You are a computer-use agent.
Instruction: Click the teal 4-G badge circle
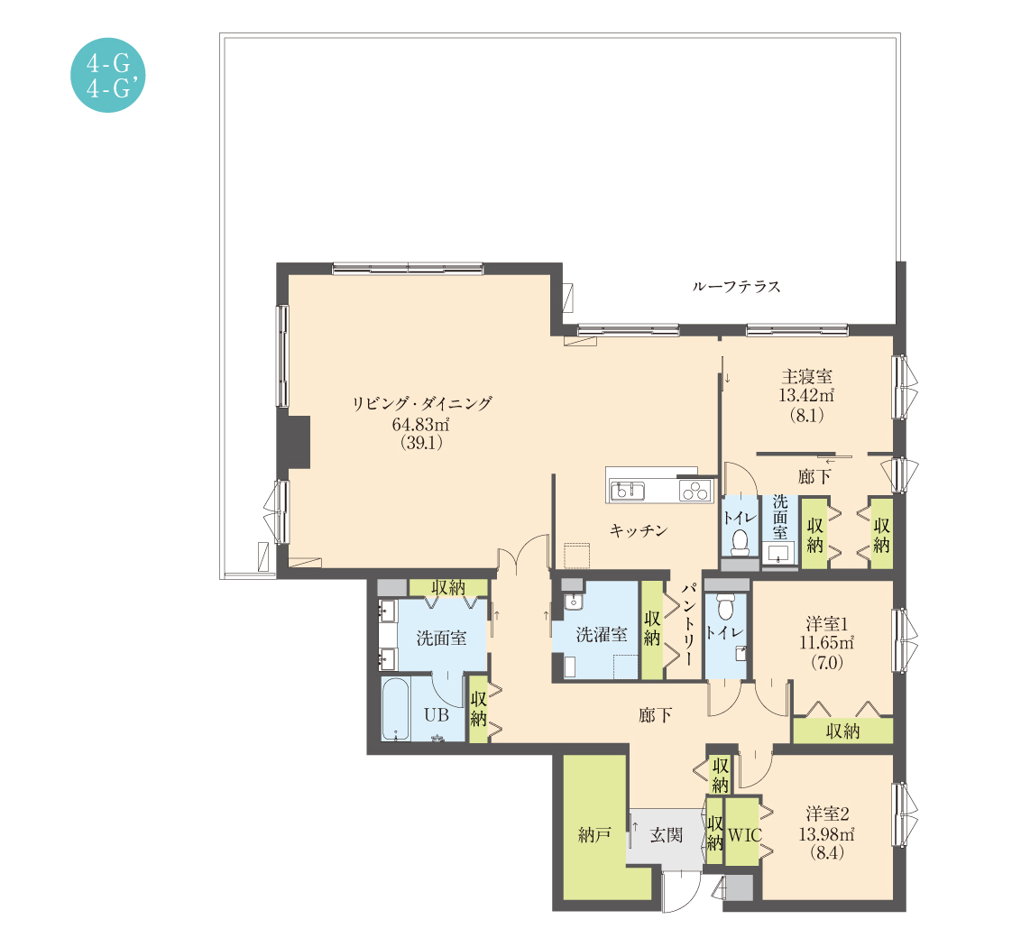107,75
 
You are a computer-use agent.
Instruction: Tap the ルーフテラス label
736,286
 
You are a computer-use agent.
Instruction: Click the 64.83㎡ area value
421,424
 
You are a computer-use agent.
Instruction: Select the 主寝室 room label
806,376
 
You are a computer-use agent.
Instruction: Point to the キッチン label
639,530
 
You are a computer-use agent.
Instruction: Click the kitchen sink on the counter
627,491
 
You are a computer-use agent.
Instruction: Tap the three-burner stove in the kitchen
695,492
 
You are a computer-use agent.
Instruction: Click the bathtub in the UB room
395,708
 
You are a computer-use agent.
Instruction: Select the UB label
437,714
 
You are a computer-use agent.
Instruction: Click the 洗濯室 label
602,635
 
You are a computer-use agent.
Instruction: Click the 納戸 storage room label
594,834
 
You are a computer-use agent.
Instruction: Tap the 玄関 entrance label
666,834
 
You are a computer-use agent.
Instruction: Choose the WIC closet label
745,835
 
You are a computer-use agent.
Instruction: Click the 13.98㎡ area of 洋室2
827,833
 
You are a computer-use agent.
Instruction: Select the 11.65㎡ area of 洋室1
827,643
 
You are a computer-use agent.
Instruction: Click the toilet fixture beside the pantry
725,605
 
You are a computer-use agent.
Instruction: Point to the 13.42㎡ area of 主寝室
806,395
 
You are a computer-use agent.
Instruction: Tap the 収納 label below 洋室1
843,731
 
